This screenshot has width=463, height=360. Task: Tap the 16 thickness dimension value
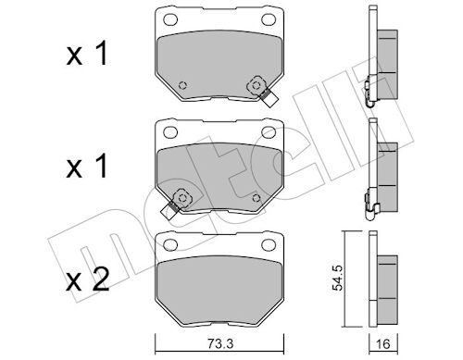[383, 343]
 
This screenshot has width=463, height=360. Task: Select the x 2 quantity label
[88, 279]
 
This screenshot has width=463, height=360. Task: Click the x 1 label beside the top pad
[87, 54]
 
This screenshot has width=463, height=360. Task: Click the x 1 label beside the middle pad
[87, 167]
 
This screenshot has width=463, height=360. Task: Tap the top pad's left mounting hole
[170, 19]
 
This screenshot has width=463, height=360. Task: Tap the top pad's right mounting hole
[269, 19]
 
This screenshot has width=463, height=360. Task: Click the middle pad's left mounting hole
[170, 132]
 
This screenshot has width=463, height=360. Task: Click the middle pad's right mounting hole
[269, 132]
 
